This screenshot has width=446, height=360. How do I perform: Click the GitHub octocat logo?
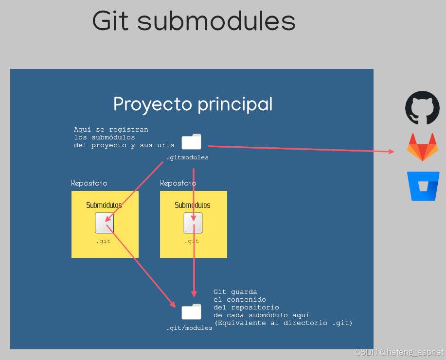pos(422,108)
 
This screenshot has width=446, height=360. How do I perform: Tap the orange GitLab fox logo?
pos(422,147)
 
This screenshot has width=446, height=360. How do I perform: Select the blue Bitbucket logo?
pos(424,186)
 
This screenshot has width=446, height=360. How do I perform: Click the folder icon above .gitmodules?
pos(191,142)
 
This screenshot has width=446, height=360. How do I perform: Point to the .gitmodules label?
pos(187,158)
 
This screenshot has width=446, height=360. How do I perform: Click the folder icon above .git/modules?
pos(191,312)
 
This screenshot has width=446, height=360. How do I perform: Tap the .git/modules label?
pos(189,328)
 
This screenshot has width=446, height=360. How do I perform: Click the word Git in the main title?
pos(111,21)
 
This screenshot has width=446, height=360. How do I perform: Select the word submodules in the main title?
pos(216,21)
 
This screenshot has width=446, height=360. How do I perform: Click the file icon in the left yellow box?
pos(104,223)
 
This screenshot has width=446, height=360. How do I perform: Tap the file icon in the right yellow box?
pos(193,223)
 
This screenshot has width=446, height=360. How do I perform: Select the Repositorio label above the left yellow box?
pos(89,183)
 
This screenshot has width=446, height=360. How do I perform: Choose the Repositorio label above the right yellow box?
pos(178,183)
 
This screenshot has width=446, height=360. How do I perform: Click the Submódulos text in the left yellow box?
pos(104,205)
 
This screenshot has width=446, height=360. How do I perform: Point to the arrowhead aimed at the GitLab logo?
pos(392,152)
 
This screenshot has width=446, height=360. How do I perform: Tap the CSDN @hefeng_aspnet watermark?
pos(399,352)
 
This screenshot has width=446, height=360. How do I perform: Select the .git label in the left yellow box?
pos(103,241)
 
